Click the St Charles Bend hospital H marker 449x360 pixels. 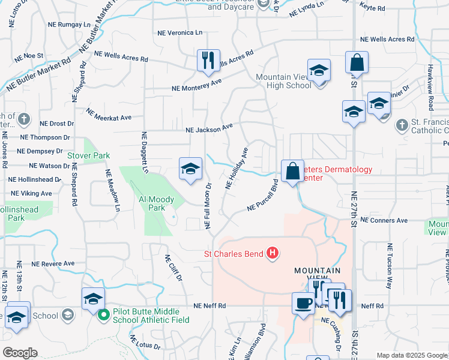point(273,254)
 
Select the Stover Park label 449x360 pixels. point(88,155)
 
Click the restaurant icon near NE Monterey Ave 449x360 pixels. point(208,61)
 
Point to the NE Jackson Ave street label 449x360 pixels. point(209,128)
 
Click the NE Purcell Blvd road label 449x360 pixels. point(262,197)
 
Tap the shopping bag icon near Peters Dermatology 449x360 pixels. point(292,172)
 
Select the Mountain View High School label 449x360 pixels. point(283,81)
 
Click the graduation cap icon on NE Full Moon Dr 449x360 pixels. point(190,169)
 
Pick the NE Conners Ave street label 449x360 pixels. point(384,220)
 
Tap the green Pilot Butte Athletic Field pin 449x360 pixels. point(103,314)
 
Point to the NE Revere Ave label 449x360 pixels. point(53,263)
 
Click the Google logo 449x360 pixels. point(19,353)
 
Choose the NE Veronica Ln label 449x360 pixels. point(179,32)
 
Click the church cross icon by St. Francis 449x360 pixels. point(402,125)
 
